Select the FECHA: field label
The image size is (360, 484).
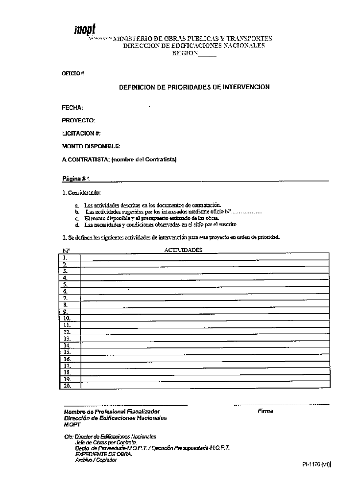click(x=72, y=108)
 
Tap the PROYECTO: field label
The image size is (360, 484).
click(x=78, y=120)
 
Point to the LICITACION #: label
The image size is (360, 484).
click(x=81, y=133)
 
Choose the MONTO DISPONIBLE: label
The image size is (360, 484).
click(x=91, y=146)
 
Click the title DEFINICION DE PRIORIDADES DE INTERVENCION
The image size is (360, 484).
click(x=194, y=87)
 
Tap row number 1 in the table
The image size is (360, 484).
click(x=65, y=257)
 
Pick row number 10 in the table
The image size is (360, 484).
click(x=67, y=318)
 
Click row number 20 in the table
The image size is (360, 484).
click(x=67, y=386)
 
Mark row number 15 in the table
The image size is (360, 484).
click(x=67, y=352)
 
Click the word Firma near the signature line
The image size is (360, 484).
click(x=265, y=411)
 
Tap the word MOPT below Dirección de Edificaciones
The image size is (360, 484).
click(x=72, y=425)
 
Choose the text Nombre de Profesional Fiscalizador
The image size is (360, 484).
click(x=112, y=412)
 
